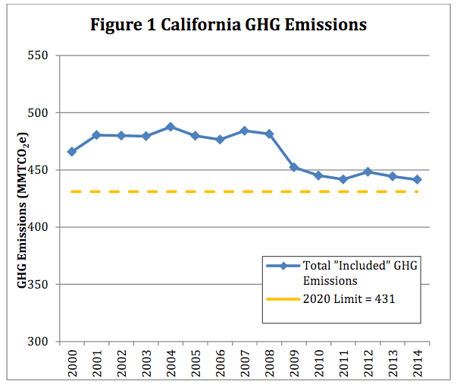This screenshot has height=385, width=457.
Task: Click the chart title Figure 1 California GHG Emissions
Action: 228,24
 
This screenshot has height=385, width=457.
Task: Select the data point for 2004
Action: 170,127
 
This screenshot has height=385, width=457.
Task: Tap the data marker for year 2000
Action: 72,152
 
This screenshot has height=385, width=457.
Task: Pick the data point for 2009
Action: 293,167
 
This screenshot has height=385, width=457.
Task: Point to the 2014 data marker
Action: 416,179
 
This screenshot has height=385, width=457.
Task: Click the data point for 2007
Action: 244,131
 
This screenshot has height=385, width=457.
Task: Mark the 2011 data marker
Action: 343,179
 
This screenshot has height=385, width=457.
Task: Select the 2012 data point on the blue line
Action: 367,172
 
